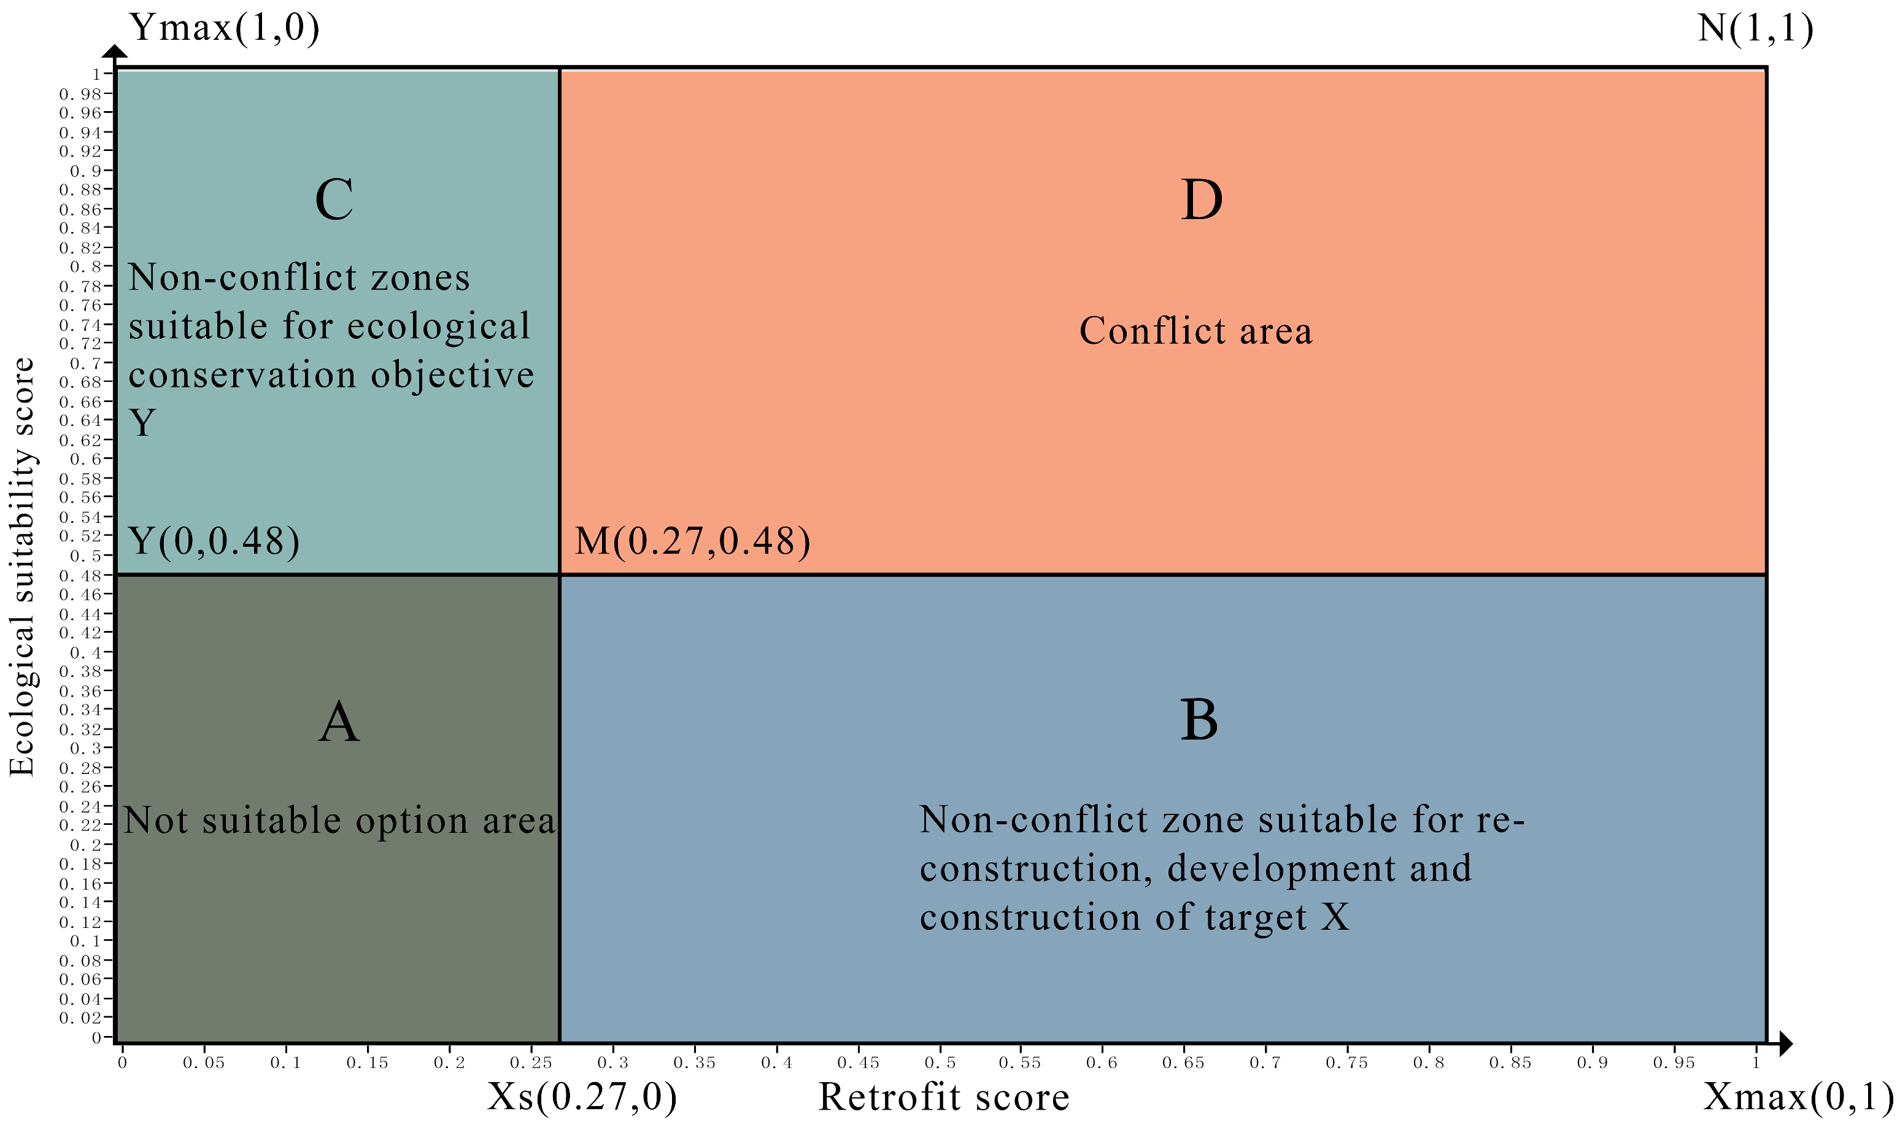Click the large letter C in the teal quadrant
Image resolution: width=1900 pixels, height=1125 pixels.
(x=334, y=200)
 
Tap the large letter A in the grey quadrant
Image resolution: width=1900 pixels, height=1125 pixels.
(x=338, y=721)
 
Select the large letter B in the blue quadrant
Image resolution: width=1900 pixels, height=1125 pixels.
(x=1199, y=719)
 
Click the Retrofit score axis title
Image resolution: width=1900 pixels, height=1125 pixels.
(x=944, y=1097)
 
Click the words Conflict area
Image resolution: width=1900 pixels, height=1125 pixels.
(x=1195, y=331)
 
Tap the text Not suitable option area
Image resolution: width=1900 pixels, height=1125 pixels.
(x=339, y=821)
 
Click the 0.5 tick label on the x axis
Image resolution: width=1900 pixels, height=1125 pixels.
(x=940, y=1063)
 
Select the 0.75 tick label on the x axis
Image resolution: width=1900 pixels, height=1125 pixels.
(x=1346, y=1063)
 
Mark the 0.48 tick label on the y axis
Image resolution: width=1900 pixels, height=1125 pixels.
(x=80, y=575)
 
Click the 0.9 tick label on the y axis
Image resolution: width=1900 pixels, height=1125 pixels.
(x=86, y=171)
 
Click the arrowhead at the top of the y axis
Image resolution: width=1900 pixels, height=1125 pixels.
(x=115, y=51)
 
